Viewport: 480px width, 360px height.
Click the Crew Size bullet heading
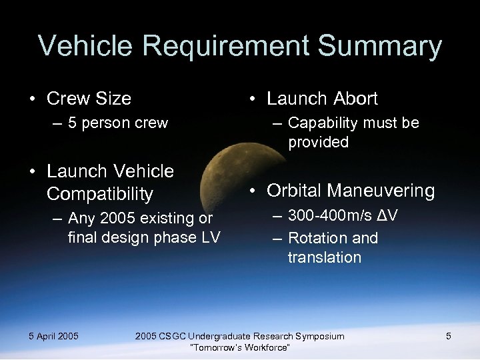click(x=89, y=99)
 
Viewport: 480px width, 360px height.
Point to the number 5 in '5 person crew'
click(x=72, y=123)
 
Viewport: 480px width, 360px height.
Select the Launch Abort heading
click(x=322, y=99)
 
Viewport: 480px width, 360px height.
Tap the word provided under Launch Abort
click(x=318, y=142)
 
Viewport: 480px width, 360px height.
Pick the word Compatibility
click(x=100, y=194)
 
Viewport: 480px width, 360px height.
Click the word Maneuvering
click(x=380, y=191)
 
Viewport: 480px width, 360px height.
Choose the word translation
click(x=324, y=257)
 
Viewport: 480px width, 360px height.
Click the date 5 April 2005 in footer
click(x=53, y=336)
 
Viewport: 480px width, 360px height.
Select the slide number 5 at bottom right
click(x=449, y=336)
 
